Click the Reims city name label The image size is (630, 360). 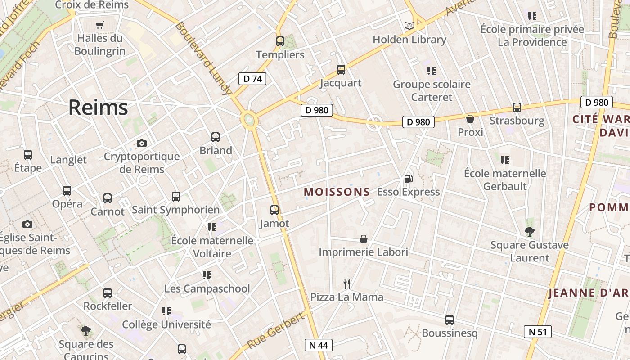point(98,108)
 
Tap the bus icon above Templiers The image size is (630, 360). point(280,41)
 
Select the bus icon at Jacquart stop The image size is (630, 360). point(341,70)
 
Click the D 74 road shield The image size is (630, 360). point(252,79)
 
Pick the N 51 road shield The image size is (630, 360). point(538,332)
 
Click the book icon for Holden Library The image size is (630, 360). point(409,26)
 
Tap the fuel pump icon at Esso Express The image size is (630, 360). point(408,179)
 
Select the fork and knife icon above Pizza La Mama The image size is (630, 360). point(346,283)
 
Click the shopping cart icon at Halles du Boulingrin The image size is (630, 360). point(100,25)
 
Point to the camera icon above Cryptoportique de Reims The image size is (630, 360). point(142,144)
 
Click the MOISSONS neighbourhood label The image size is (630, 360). point(337,192)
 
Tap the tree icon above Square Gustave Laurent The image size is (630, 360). point(530,232)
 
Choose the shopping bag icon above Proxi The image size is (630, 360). point(470,119)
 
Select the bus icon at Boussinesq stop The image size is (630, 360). point(450,320)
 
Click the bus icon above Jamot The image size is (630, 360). point(274,210)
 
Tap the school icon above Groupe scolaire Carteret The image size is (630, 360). point(432,71)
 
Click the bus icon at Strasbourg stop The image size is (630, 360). point(517,108)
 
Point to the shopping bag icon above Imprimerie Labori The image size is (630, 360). point(364,239)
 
